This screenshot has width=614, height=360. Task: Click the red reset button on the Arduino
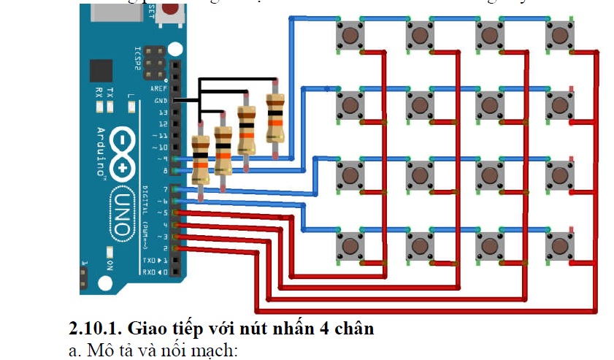pos(172,9)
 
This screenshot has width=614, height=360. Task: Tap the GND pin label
pos(160,100)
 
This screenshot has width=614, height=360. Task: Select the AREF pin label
pos(158,88)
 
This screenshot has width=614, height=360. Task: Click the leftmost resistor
pos(200,159)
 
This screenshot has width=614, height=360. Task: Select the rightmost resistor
pos(275,119)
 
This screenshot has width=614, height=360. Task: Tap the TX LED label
pos(110,92)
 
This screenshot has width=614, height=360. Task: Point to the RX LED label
pos(99,92)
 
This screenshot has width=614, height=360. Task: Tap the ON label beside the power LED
pos(110,263)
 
